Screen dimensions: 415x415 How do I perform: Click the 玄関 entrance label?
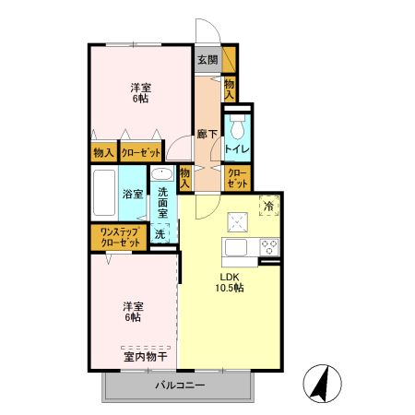point(207,60)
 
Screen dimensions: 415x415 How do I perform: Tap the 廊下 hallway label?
point(207,135)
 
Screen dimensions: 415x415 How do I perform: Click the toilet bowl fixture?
point(237,124)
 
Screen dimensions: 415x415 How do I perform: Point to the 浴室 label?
point(132,195)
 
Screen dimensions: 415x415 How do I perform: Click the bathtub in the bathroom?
point(104,194)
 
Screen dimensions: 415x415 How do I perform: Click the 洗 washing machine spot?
point(160,234)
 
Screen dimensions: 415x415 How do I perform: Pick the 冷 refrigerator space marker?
point(269,206)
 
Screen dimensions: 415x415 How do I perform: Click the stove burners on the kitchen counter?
point(270,246)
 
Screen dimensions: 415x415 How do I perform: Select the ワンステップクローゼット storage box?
point(116,236)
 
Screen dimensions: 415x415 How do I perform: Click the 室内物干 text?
point(145,356)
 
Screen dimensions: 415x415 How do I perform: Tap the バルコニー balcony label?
point(179,384)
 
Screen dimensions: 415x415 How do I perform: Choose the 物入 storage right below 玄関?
point(229,89)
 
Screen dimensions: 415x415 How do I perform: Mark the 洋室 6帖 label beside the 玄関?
point(141,93)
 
